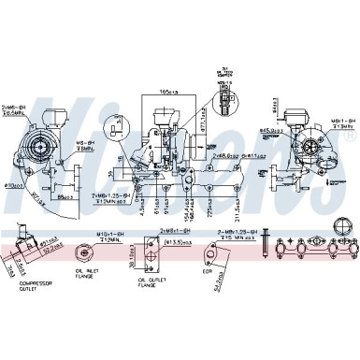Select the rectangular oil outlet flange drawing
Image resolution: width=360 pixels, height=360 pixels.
pos(147,251)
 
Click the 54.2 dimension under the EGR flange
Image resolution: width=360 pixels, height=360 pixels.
pos(217,281)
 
